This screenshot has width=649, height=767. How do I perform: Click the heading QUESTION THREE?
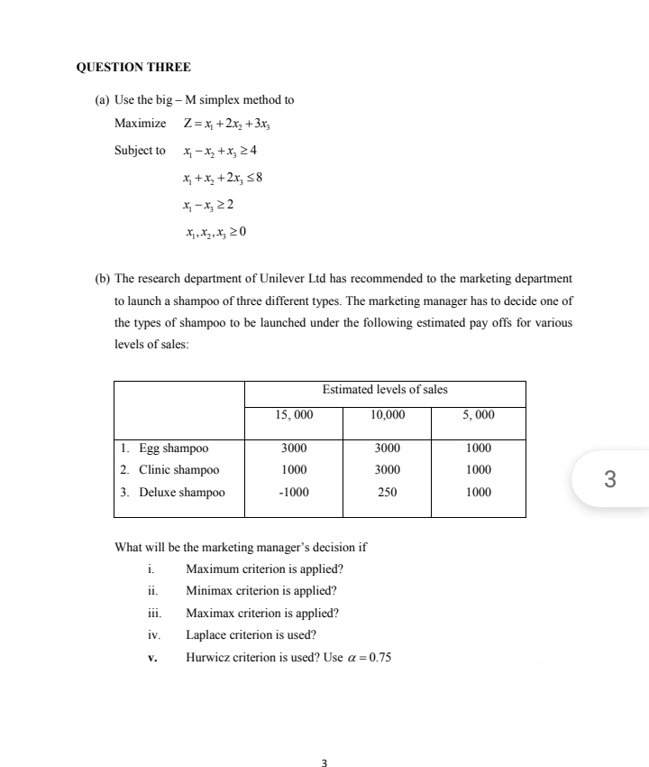[x=133, y=67]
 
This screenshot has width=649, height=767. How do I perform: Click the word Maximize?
[x=140, y=124]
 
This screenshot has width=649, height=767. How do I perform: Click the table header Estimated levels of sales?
[x=385, y=390]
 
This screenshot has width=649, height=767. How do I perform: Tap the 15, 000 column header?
[x=294, y=415]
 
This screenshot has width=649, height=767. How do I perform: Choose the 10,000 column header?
[x=388, y=415]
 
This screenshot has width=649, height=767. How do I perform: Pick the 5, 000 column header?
[x=479, y=415]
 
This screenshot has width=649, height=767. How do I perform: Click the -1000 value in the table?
[x=294, y=493]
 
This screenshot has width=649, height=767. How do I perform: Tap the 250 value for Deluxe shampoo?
[x=388, y=493]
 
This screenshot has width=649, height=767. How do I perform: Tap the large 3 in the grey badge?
[x=609, y=479]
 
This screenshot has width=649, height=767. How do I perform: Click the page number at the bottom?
[x=324, y=763]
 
